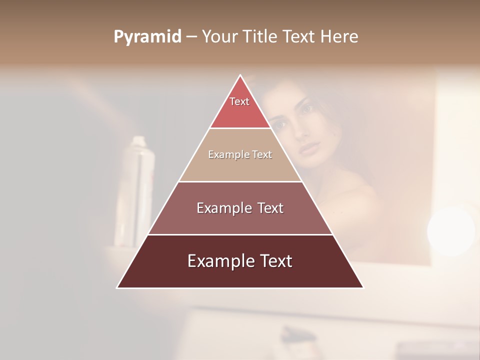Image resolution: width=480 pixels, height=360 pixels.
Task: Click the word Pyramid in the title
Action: pos(147,36)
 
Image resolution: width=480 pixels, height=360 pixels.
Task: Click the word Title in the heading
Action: pos(263,36)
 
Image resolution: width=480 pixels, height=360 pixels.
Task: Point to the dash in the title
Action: pos(191,37)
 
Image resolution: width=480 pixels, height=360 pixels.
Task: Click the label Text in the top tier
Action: pos(239,101)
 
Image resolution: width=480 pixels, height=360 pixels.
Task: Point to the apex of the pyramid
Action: pos(240,75)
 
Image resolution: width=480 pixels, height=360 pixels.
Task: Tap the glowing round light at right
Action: pos(451,230)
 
